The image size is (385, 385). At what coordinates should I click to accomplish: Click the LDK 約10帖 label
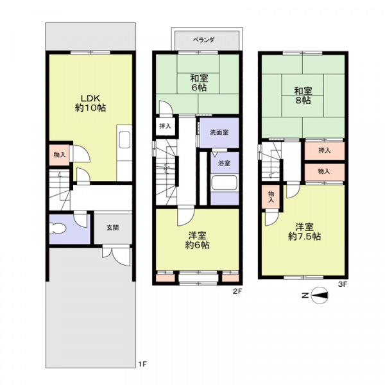[x=90, y=103]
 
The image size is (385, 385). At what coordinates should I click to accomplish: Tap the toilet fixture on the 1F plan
[x=58, y=228]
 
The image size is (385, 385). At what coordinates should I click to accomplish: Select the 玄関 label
[x=113, y=228]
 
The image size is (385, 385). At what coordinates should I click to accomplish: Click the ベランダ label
[x=204, y=40]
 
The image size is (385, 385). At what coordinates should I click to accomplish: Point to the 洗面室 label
[x=219, y=132]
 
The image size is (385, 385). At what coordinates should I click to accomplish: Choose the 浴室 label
[x=224, y=163]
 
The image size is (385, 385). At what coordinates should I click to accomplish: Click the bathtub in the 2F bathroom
[x=225, y=182]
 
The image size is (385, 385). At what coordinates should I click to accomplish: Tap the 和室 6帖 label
[x=199, y=83]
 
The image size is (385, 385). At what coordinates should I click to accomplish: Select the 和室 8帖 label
[x=304, y=96]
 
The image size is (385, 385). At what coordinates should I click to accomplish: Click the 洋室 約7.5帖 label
[x=304, y=232]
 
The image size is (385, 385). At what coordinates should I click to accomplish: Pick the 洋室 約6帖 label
[x=197, y=241]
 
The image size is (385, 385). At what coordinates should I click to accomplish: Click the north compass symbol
[x=319, y=295]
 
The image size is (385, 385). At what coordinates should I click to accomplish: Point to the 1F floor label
[x=142, y=364]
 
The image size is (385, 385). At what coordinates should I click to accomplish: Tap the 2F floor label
[x=237, y=291]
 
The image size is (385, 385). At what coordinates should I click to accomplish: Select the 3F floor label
[x=343, y=284]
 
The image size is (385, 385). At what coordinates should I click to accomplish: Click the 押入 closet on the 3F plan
[x=325, y=151]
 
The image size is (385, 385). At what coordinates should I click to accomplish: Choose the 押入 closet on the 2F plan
[x=166, y=126]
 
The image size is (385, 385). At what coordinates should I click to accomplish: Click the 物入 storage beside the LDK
[x=60, y=155]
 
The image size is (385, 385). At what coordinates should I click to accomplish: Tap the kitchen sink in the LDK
[x=124, y=140]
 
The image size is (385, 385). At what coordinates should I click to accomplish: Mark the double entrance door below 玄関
[x=116, y=255]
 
